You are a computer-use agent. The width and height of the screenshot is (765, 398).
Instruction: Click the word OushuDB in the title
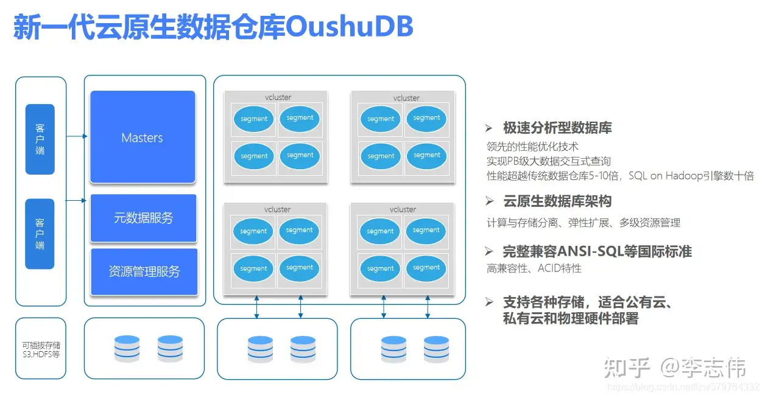tap(349, 27)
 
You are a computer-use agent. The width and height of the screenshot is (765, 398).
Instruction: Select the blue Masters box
tap(143, 138)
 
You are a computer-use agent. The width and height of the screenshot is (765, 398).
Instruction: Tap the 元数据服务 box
tap(143, 218)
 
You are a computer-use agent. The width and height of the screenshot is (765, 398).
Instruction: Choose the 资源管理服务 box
tap(144, 271)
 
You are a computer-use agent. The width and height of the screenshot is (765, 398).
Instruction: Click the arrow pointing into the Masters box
tap(78, 136)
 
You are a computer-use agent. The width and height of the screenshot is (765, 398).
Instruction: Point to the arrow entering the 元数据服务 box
tap(78, 200)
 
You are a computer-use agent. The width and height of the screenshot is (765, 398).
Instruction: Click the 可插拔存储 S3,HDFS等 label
tap(41, 349)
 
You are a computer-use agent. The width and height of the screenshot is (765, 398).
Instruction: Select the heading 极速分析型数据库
tap(557, 128)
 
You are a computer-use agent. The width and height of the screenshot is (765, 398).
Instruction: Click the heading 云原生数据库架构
tap(557, 201)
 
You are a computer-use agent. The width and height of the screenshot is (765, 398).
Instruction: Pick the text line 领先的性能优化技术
tap(532, 146)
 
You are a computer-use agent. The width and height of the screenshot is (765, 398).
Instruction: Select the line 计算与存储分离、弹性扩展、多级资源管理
tap(583, 223)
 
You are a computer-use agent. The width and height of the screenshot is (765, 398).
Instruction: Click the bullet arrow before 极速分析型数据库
tap(488, 128)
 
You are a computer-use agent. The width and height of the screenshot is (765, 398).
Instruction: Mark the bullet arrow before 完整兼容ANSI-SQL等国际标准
tap(488, 252)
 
